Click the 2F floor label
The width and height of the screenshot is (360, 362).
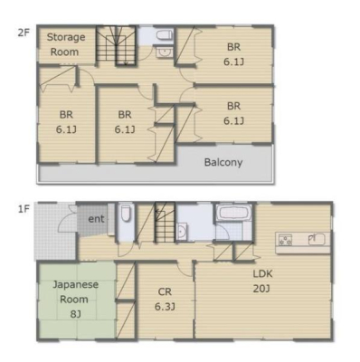(24, 33)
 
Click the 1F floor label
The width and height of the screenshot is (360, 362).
(24, 209)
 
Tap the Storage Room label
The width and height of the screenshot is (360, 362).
(66, 44)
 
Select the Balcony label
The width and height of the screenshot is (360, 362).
(223, 162)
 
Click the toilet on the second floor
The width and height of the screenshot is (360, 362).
(165, 35)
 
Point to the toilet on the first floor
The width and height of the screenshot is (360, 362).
(126, 213)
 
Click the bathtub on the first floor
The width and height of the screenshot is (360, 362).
(234, 214)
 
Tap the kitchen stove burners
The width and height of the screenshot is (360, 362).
(285, 240)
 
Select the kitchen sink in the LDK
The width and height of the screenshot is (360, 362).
(317, 240)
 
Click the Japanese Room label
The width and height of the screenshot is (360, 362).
(75, 291)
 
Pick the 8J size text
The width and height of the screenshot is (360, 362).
(75, 314)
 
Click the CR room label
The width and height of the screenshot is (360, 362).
(165, 291)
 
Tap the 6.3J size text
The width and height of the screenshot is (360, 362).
(165, 307)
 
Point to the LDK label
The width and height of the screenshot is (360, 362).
(262, 274)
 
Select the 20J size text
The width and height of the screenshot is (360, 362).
(261, 289)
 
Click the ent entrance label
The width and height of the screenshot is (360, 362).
(96, 219)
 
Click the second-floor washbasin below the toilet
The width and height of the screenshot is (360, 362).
(165, 52)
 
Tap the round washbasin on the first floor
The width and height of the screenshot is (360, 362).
(181, 232)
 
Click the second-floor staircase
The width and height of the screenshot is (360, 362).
(116, 45)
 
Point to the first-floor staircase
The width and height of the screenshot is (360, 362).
(165, 223)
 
